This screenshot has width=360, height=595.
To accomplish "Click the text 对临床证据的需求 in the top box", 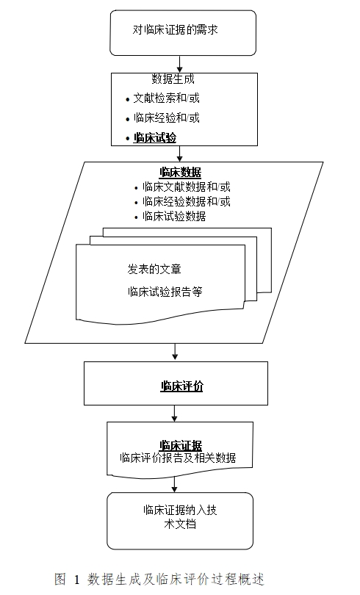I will (x=176, y=30).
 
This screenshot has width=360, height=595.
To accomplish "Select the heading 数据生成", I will (x=173, y=79).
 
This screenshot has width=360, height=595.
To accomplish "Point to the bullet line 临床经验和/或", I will (x=167, y=118).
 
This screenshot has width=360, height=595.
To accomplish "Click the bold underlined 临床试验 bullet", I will (x=154, y=137).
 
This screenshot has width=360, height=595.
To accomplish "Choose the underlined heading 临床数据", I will (x=180, y=173).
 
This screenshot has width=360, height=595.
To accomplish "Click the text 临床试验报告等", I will (x=165, y=292).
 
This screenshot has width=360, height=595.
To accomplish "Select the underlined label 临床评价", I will (x=181, y=385).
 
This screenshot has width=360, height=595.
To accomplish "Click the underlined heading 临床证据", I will (x=181, y=444).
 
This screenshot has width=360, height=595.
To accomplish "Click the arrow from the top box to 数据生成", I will (x=180, y=64).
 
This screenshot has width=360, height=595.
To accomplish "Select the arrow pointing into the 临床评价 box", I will (x=175, y=351).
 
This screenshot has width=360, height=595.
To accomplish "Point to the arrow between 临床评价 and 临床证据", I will (x=175, y=414).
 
